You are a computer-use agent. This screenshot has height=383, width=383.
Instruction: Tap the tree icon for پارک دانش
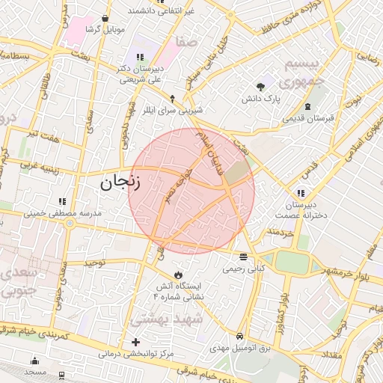pyautogui.click(x=260, y=87)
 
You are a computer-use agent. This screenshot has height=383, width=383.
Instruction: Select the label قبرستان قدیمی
pyautogui.click(x=307, y=118)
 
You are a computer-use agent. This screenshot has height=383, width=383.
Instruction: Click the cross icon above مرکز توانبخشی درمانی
pyautogui.click(x=135, y=342)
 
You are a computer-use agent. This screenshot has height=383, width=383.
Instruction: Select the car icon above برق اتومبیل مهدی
pyautogui.click(x=239, y=337)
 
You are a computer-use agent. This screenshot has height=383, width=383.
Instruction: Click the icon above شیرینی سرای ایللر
pyautogui.click(x=173, y=98)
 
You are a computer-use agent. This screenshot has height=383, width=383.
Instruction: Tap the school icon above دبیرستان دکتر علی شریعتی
pyautogui.click(x=138, y=57)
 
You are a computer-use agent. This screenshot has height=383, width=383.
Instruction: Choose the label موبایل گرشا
pyautogui.click(x=102, y=29)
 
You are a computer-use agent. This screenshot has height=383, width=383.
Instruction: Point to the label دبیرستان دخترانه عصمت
pyautogui.click(x=300, y=207)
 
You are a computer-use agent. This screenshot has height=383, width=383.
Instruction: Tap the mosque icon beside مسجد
pyautogui.click(x=34, y=359)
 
